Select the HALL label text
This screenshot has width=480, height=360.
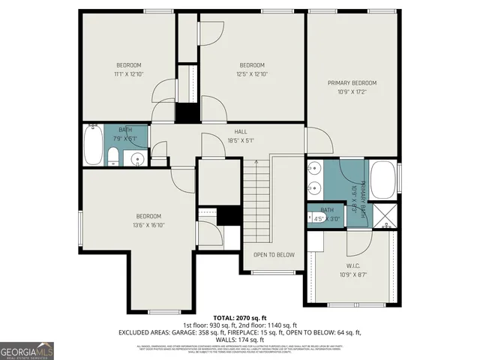241,132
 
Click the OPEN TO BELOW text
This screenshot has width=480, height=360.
274,255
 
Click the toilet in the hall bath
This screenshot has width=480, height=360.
112,157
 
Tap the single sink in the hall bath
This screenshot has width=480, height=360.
137,158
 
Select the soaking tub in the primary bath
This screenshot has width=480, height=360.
383,181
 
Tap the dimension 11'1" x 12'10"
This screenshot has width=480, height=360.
128,74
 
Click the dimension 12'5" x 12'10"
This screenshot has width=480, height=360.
252,74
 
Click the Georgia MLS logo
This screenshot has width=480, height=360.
27,350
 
